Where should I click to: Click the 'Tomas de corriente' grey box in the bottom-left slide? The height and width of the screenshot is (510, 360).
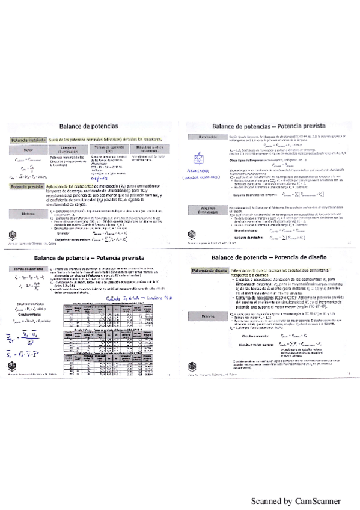click(28, 251)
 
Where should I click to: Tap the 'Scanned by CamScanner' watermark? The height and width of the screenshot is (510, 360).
click(296, 501)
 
